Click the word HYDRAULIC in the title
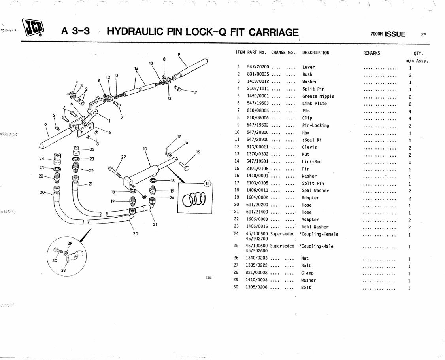point(136,32)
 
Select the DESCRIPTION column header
point(315,53)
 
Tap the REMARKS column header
point(371,53)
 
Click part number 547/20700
point(258,67)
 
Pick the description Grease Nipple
point(318,96)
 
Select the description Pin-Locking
point(315,125)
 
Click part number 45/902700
point(256,239)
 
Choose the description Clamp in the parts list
point(307,273)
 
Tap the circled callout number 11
point(208,183)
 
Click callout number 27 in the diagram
point(124,157)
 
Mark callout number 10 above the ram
point(145,149)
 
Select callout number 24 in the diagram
point(42,159)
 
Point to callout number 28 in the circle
point(64,270)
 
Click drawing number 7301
point(209,277)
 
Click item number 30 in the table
point(236,288)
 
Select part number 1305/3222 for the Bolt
point(257,266)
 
